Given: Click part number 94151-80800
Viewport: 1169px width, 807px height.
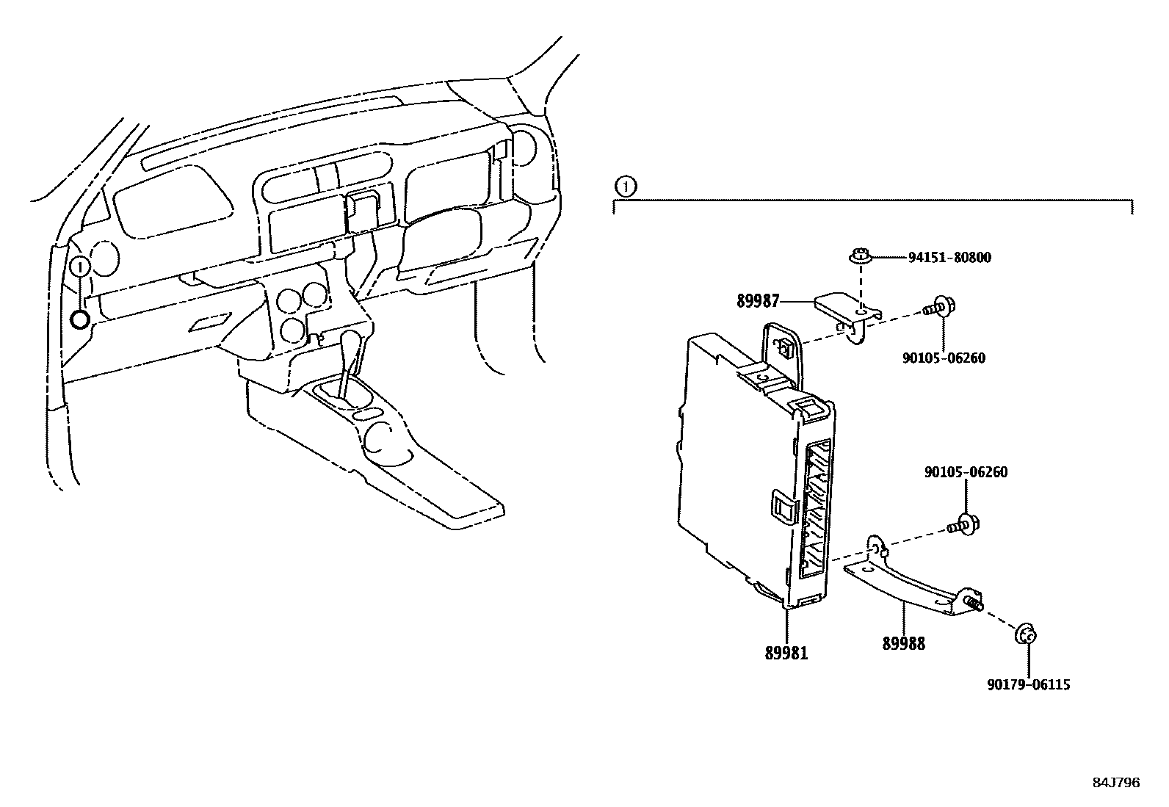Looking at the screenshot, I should (x=949, y=258).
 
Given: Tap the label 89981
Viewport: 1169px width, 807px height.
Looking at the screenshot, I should (x=786, y=653).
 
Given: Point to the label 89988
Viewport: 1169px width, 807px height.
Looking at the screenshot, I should (x=903, y=644).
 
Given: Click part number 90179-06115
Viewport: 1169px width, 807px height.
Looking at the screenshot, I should (x=1028, y=685).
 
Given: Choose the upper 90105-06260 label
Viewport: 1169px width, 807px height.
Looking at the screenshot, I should (x=944, y=358).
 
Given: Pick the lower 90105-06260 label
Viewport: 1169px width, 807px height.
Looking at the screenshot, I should (x=966, y=472).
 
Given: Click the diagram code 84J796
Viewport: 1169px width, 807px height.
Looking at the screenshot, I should (x=1115, y=783).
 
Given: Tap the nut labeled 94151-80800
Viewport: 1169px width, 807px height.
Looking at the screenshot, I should (x=858, y=257).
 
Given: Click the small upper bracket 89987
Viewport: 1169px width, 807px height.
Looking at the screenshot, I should (x=844, y=312).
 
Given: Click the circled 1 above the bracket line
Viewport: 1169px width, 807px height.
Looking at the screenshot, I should (x=624, y=187).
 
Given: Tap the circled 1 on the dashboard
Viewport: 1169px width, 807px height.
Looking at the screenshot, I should (x=80, y=265).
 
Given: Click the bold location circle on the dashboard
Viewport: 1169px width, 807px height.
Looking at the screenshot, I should (x=80, y=319).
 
